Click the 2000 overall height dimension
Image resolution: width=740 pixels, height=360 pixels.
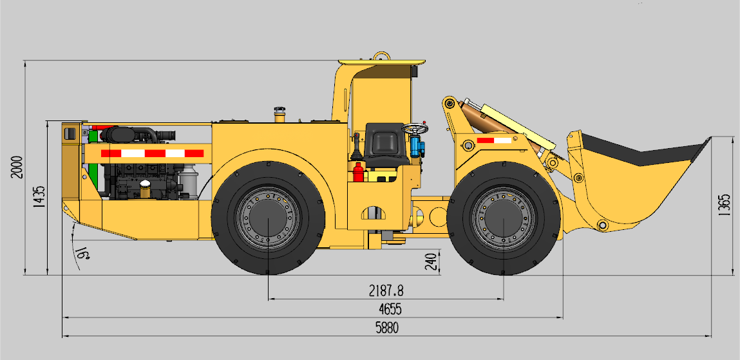17,167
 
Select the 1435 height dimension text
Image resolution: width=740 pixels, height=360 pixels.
40,197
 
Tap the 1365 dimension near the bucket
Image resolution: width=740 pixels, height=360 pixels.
725,205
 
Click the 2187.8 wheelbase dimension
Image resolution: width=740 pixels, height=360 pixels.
386,290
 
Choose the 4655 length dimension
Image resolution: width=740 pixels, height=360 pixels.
390,310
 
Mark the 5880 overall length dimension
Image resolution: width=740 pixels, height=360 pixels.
387,328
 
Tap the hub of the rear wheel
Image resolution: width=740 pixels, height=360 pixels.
267,218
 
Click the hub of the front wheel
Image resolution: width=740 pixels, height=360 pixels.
503,218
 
